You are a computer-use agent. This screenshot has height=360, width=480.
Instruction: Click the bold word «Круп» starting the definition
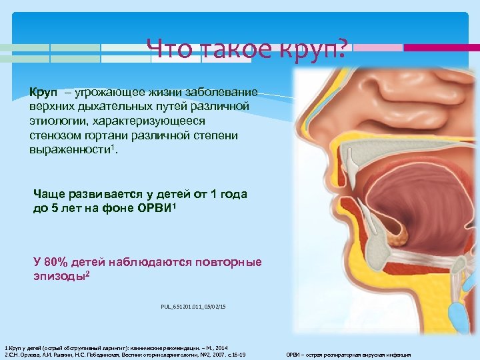pyautogui.click(x=42, y=91)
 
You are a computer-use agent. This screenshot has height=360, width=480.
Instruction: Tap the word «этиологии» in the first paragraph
pyautogui.click(x=56, y=121)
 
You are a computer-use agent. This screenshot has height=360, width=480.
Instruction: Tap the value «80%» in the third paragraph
pyautogui.click(x=61, y=262)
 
